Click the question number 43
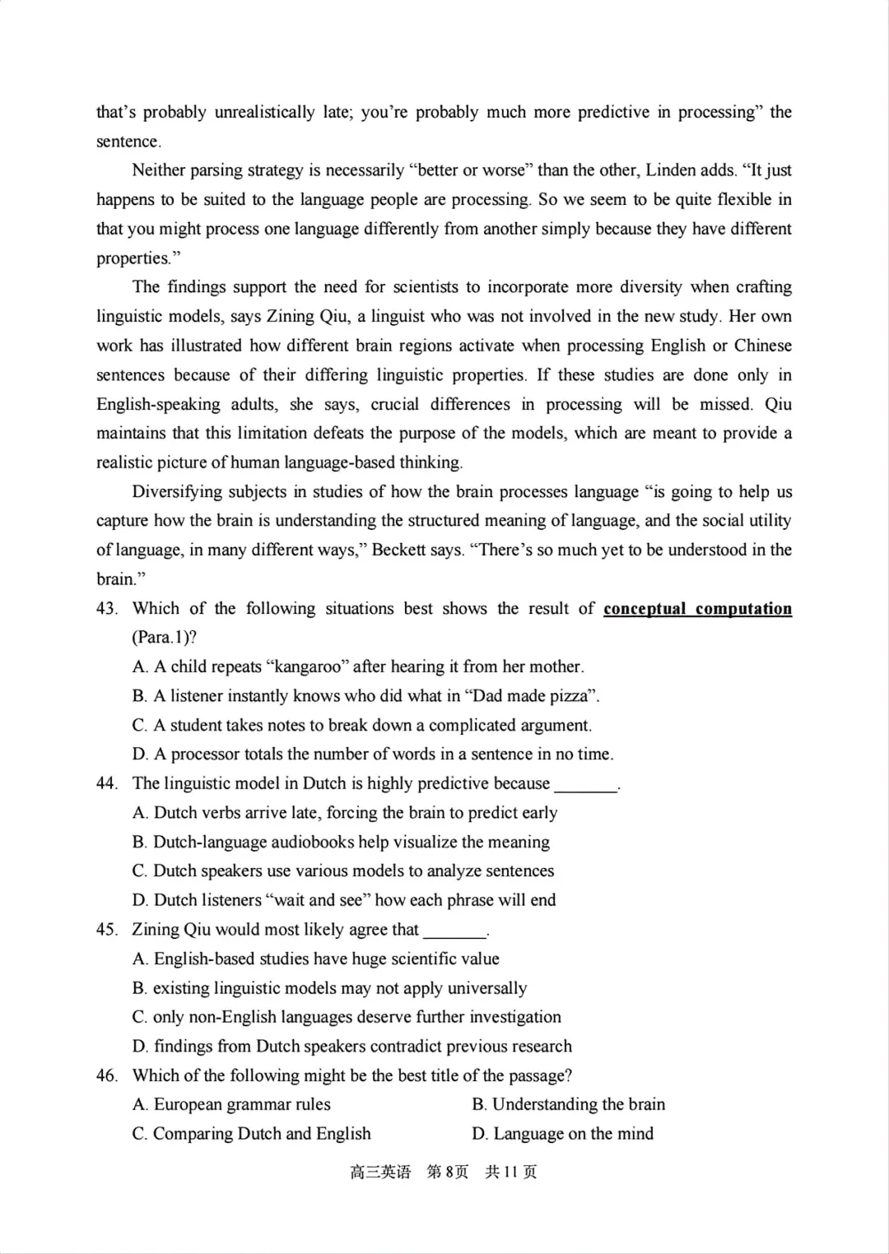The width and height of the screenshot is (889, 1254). coord(106,609)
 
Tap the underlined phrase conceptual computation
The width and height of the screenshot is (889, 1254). coord(697,609)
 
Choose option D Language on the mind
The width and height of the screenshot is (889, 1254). coord(563,1134)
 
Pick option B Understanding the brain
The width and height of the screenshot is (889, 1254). coord(569,1104)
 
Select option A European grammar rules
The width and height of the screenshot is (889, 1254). coord(232,1104)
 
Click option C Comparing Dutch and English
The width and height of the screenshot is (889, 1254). coord(252,1134)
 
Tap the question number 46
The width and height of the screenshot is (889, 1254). coord(106,1075)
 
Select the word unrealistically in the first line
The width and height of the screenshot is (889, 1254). coord(265,112)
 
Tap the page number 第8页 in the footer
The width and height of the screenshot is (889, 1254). coord(448,1172)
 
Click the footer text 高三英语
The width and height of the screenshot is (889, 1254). coord(379,1172)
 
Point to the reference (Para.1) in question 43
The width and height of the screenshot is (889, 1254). coord(164,638)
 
